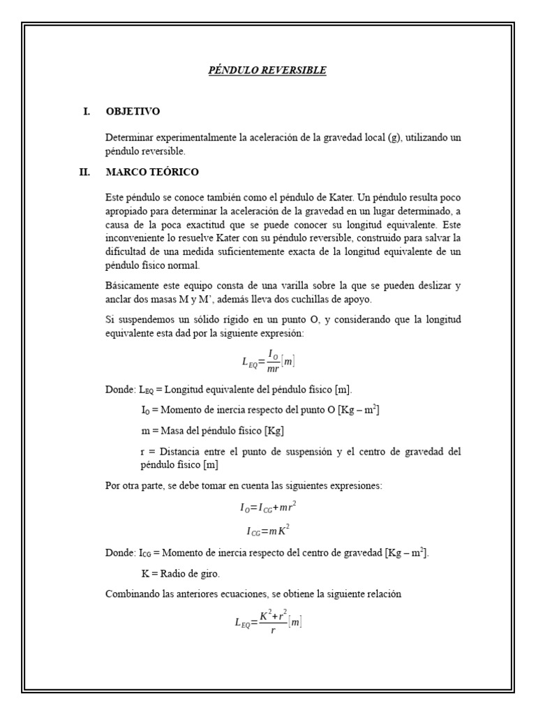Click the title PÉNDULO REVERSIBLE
tap(268, 71)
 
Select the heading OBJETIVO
tap(133, 111)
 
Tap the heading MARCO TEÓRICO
tap(152, 172)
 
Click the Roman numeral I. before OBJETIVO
tap(87, 111)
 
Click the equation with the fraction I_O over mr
tap(268, 361)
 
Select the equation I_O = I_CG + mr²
tap(268, 508)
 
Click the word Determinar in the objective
tap(130, 138)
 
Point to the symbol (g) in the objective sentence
tap(395, 138)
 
